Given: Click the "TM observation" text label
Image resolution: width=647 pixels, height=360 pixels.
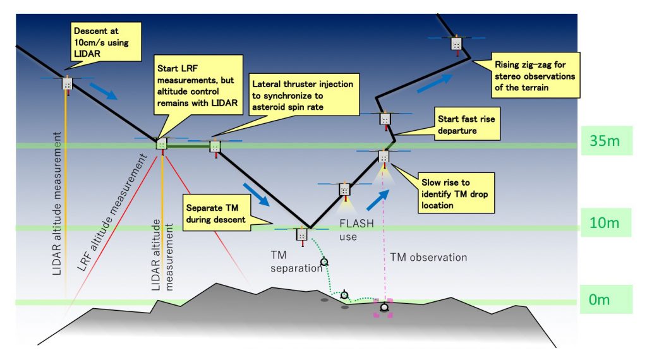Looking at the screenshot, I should (428, 257).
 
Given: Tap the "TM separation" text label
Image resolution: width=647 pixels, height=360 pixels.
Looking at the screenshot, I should (288, 261).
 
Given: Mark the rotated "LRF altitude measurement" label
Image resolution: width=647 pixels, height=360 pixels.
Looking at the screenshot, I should (111, 215).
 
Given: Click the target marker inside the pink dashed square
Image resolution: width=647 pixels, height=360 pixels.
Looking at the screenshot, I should (384, 308).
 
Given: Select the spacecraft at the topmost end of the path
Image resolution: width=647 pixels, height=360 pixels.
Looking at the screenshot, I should (455, 43).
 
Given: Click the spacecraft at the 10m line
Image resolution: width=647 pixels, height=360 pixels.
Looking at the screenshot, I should (301, 235).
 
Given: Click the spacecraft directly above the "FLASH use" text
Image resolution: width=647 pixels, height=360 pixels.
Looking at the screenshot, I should (344, 189).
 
